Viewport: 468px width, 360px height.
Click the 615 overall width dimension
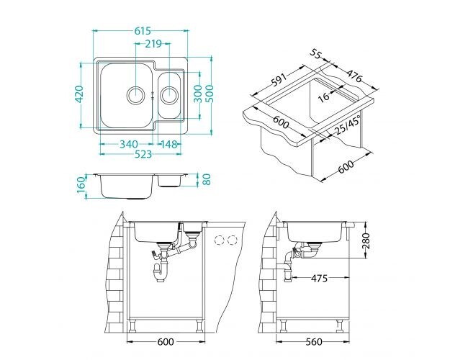pos(143,31)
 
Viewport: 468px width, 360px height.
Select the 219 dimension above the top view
pos(152,44)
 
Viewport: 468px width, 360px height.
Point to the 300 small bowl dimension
pos(197,94)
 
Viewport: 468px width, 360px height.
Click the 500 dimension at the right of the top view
pos(210,94)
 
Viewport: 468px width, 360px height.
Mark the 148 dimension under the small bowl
pos(169,144)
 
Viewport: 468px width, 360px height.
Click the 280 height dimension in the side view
pos(366,238)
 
